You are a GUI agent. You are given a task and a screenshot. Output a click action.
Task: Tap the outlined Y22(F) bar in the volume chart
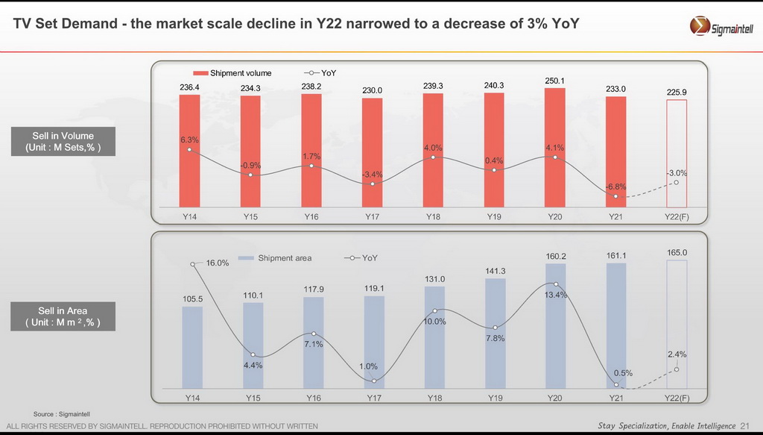pyautogui.click(x=677, y=154)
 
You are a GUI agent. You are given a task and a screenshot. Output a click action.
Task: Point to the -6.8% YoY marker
pyautogui.click(x=616, y=195)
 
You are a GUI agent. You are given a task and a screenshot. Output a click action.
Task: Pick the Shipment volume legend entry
pyautogui.click(x=232, y=73)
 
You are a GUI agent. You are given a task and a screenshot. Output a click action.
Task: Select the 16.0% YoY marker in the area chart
pyautogui.click(x=193, y=263)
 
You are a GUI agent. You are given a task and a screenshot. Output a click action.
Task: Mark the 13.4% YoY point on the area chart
pyautogui.click(x=555, y=284)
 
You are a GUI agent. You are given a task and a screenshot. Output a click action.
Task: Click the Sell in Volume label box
pyautogui.click(x=63, y=142)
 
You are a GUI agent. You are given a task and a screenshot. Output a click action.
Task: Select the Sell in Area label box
pyautogui.click(x=63, y=316)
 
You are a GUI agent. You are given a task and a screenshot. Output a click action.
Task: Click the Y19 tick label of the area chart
pyautogui.click(x=495, y=398)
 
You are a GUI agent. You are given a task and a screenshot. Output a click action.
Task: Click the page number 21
pyautogui.click(x=746, y=426)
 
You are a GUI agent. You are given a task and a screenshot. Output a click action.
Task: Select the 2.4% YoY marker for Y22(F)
pyautogui.click(x=677, y=369)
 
